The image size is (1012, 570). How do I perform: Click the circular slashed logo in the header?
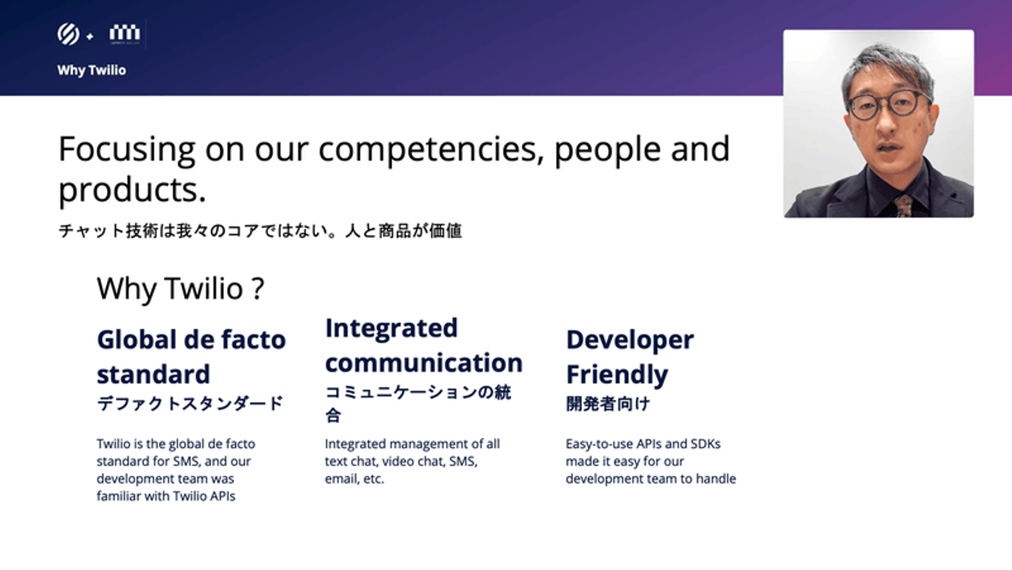coord(68,34)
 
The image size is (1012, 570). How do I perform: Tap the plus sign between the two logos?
coord(90,37)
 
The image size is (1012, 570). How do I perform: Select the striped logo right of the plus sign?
coord(124,33)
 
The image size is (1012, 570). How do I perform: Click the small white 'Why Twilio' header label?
coord(91,70)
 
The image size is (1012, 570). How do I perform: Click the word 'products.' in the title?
coord(132,189)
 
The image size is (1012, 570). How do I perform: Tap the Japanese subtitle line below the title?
coord(260,231)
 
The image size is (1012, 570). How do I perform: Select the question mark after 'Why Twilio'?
coord(258,289)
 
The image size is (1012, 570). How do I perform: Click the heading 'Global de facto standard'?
coord(191,357)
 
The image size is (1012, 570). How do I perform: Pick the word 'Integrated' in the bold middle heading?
coord(391,329)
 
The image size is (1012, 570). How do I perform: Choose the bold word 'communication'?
coord(424,363)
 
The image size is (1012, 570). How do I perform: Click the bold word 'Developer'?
coord(630,341)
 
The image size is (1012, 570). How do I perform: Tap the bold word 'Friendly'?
coord(617,375)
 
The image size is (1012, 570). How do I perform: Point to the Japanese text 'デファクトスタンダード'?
coord(190,403)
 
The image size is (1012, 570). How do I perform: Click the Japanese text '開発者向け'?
coord(608,403)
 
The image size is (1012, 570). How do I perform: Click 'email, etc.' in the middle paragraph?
coord(354,479)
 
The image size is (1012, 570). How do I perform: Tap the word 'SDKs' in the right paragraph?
coord(706,444)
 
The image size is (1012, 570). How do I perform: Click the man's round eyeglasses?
coord(888,106)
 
